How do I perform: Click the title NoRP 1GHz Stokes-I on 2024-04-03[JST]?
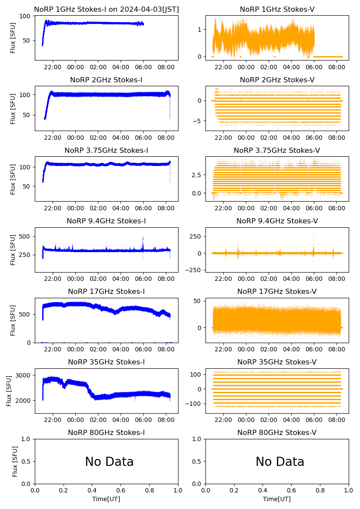tap(106, 9)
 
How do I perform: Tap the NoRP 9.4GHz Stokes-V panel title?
tap(277, 221)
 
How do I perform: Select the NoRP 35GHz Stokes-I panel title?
tap(106, 362)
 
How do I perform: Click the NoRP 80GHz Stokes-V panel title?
tap(277, 433)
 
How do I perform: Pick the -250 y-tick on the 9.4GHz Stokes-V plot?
tap(193, 270)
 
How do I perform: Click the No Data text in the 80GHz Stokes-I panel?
tap(109, 462)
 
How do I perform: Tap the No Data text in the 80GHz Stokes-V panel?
tap(280, 462)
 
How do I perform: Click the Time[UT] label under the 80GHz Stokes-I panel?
tap(106, 499)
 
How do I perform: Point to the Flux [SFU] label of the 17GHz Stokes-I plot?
tap(13, 320)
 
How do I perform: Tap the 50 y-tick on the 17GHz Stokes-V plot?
tap(197, 301)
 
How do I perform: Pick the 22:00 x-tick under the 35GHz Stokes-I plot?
tap(53, 420)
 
